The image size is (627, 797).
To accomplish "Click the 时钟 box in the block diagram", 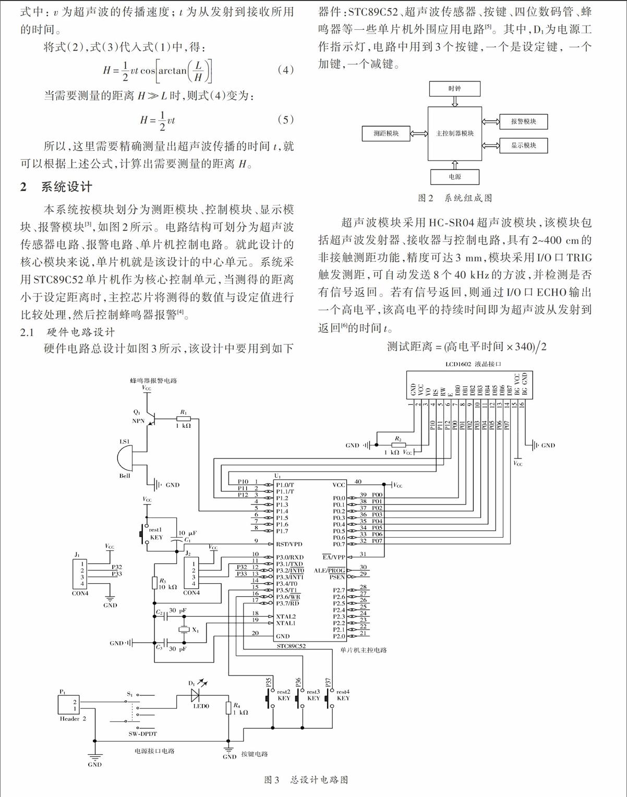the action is coord(455,89).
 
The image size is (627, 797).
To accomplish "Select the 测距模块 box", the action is coord(386,134).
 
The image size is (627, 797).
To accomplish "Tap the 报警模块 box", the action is coord(523,122).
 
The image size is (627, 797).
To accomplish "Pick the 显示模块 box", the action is coord(523,145).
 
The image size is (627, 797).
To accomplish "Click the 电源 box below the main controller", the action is coord(455,177).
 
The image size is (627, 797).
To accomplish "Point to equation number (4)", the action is coord(285,70).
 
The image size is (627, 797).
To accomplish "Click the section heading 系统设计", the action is coord(67,187).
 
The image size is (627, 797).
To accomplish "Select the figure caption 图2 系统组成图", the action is coord(455,198).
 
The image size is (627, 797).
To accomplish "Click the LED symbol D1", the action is coord(195,695).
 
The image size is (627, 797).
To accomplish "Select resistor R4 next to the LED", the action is coord(228,708).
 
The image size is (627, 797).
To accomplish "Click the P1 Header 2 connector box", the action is coord(68,705).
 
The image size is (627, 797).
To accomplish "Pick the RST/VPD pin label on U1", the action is coord(289,544).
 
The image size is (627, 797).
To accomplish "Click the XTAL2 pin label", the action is coord(286,617).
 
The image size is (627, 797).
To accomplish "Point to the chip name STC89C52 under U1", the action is coord(291,646).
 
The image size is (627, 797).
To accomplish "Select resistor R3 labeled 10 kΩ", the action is coord(154,583).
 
